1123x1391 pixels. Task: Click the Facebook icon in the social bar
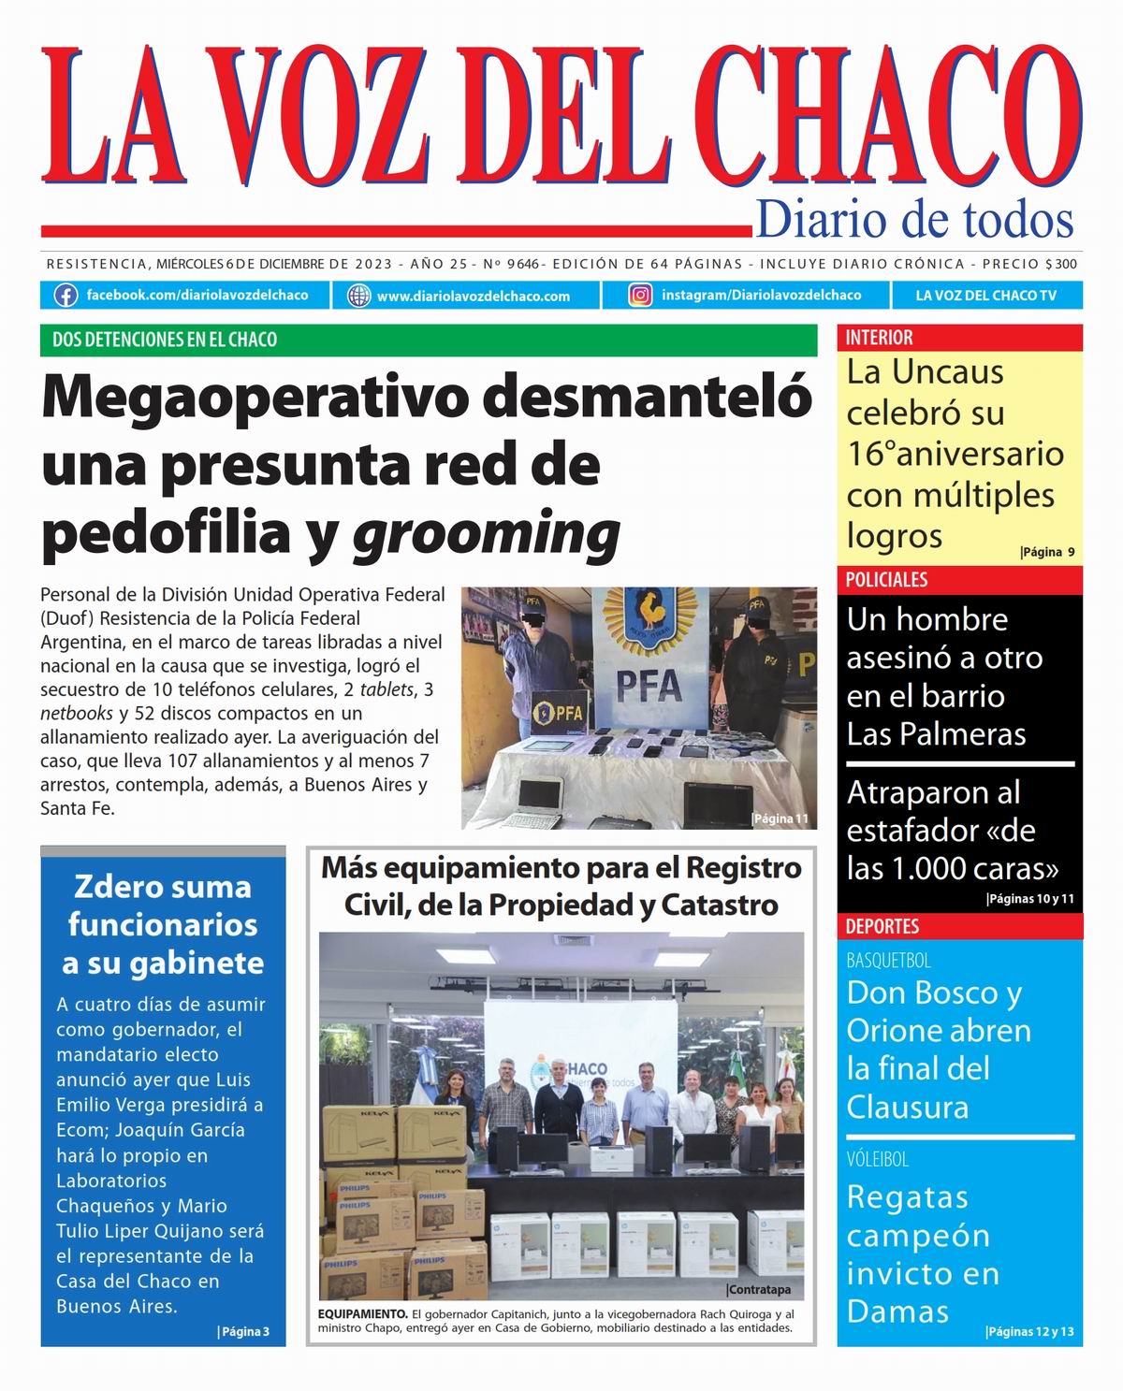[66, 296]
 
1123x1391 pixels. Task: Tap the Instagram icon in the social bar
[640, 296]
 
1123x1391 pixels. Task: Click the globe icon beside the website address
[358, 296]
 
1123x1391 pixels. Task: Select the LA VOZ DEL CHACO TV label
[985, 296]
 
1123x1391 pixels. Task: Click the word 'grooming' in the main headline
[486, 532]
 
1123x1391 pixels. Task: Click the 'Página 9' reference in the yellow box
[1047, 552]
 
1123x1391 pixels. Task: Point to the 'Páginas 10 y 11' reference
[1029, 899]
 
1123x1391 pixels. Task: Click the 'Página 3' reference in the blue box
[243, 1331]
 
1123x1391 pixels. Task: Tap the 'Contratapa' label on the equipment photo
[758, 1289]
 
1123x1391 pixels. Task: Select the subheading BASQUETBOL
[888, 961]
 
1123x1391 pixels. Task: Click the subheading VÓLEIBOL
[878, 1159]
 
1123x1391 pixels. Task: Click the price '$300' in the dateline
[1061, 265]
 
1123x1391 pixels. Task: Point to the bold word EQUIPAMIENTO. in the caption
[362, 1312]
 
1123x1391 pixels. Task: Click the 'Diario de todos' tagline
[913, 220]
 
